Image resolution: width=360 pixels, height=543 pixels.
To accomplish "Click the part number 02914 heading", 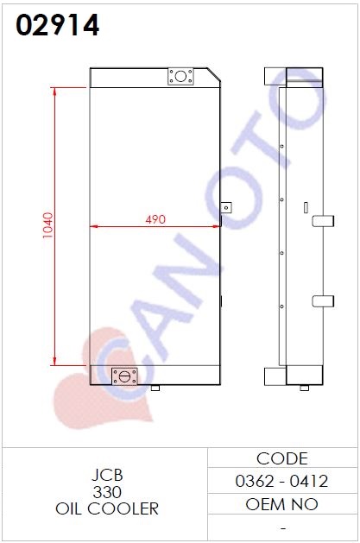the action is click(x=58, y=25).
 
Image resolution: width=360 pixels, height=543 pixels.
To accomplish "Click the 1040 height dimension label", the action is click(x=47, y=225).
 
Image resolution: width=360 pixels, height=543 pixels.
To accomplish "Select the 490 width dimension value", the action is click(x=155, y=219).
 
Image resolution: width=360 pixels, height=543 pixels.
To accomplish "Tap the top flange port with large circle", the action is click(x=180, y=76).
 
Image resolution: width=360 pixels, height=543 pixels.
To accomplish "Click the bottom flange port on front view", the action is click(x=124, y=376).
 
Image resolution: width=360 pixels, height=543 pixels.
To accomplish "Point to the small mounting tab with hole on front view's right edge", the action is click(x=226, y=208).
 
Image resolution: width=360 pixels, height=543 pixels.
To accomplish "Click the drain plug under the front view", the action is click(x=155, y=388).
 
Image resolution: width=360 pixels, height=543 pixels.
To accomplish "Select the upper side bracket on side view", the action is click(x=323, y=221).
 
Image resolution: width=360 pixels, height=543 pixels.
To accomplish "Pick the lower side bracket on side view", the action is click(x=323, y=301).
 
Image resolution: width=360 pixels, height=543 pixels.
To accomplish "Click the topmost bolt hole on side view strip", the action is click(x=281, y=147).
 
